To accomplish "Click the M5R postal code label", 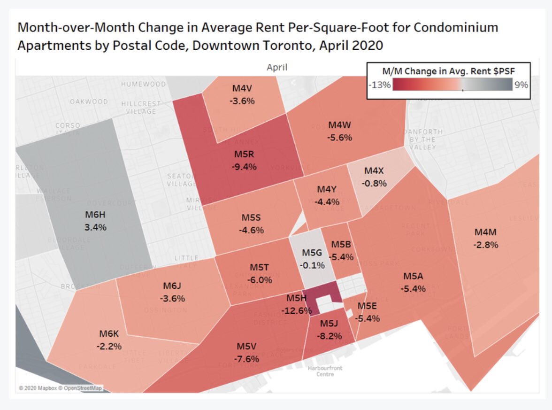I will (244, 155).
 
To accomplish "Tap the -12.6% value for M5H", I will (296, 310).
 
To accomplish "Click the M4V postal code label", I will (243, 89).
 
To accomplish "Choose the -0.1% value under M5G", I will (312, 265).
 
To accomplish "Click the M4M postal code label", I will (485, 232).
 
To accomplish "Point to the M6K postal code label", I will (110, 334).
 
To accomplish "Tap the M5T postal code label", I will (259, 267).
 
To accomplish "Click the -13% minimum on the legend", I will (379, 85).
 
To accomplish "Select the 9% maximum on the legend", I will (521, 85).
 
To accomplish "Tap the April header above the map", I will (277, 67).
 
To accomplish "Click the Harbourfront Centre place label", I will (325, 371).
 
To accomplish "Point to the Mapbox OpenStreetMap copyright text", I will (60, 388).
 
